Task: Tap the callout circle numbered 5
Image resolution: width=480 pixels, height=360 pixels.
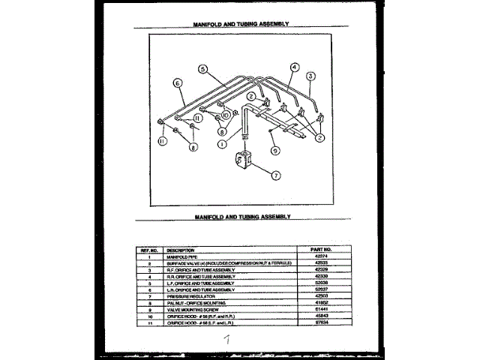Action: point(202,68)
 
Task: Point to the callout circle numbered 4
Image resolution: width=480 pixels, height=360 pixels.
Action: point(295,67)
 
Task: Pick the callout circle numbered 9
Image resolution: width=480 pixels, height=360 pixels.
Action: point(275,150)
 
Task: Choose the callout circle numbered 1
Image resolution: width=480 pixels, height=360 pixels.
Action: point(222,142)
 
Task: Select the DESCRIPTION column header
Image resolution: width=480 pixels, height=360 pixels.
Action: point(181,249)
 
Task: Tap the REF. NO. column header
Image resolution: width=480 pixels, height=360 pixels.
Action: point(148,249)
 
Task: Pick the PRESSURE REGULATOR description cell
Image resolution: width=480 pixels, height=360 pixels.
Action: point(187,295)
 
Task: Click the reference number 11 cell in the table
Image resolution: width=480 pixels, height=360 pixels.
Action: point(149,321)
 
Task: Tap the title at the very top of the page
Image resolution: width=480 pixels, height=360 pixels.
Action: point(240,23)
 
